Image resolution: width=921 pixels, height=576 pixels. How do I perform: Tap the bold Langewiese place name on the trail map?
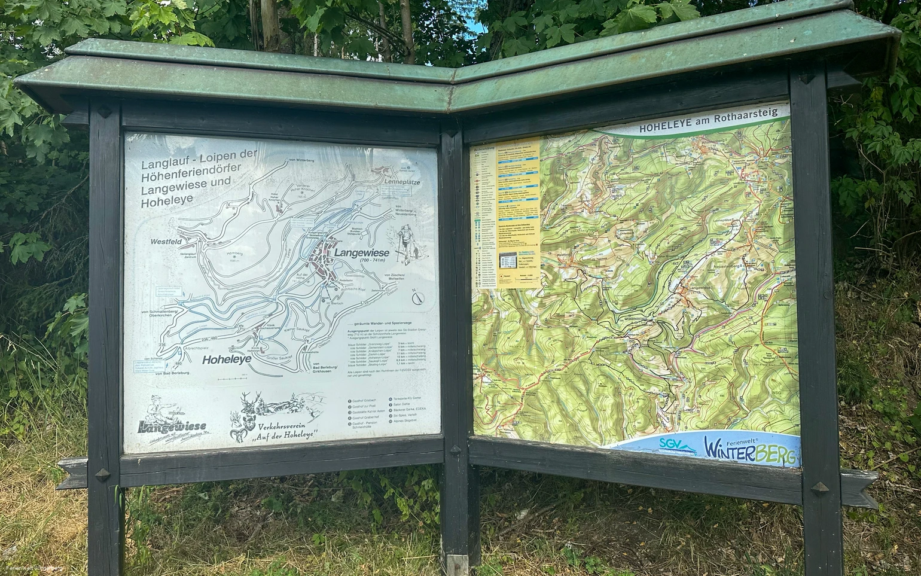pyautogui.click(x=362, y=253)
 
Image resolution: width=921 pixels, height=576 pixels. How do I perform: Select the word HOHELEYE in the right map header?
pyautogui.click(x=667, y=127)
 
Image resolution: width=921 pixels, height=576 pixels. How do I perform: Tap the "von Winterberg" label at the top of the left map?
pyautogui.click(x=301, y=160)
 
